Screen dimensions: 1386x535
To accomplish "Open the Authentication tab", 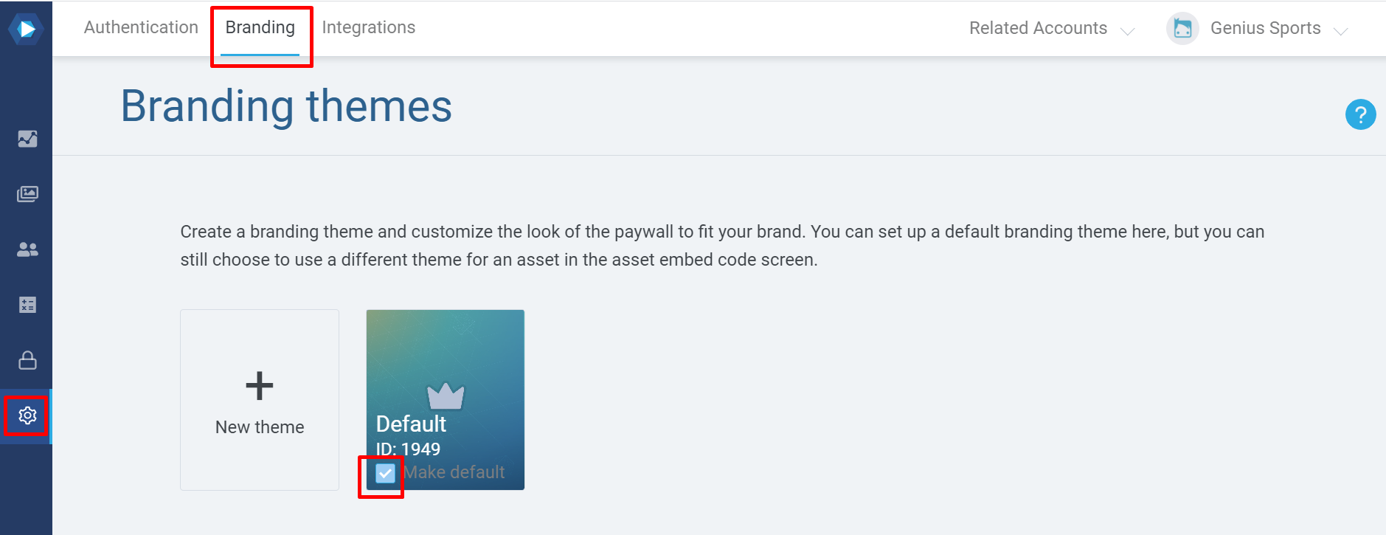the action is pos(141,27).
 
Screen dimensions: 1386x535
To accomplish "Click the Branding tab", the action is pos(260,27).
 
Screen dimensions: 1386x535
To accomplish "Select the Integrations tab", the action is pos(369,27).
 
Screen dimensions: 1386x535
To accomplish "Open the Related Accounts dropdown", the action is pos(1051,28).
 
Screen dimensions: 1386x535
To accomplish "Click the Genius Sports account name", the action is pos(1266,28).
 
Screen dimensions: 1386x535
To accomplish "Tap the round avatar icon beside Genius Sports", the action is pos(1182,29).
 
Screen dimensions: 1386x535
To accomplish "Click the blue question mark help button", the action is pos(1360,114).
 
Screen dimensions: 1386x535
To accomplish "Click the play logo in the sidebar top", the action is pos(27,29).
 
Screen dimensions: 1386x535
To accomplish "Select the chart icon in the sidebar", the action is pos(27,139).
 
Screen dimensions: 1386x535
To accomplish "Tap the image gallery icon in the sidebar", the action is pos(27,194).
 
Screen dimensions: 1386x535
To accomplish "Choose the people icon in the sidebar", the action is pos(27,249).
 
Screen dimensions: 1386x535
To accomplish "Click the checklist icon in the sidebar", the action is pos(27,305).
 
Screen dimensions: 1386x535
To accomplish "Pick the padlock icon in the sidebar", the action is pos(27,360).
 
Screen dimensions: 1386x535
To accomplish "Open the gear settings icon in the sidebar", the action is pos(27,415).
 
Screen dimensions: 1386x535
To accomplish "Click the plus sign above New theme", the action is pos(260,386).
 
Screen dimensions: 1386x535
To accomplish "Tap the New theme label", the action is pos(260,427).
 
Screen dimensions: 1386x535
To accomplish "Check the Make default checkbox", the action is pos(385,473).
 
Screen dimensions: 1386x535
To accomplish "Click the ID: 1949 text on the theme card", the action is pos(408,449).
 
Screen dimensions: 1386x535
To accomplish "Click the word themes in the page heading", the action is pos(379,106).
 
